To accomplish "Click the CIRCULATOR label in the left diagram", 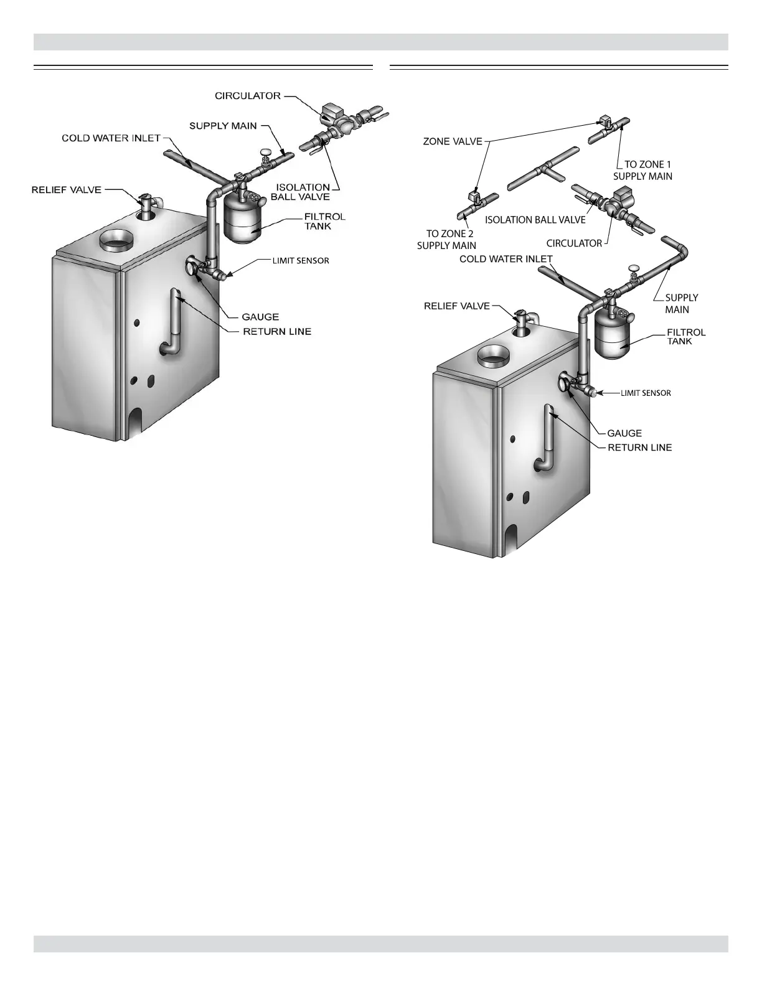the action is [248, 96].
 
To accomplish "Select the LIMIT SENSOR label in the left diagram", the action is [301, 261].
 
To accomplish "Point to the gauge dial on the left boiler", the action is [190, 269].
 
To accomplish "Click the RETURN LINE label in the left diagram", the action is [277, 332].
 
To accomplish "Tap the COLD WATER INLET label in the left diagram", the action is [111, 138].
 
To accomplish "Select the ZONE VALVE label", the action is [453, 141].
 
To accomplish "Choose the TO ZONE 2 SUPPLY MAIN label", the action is [446, 240].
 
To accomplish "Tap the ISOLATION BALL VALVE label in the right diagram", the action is [535, 220].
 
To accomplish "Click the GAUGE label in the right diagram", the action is [624, 433].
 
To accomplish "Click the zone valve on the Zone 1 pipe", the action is [604, 123].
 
